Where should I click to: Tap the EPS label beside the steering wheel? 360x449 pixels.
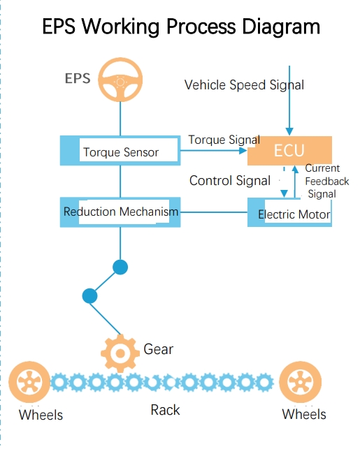click(78, 78)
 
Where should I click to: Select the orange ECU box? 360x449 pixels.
click(289, 151)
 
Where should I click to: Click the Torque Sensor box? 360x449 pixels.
click(120, 152)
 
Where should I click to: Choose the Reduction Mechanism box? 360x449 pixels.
click(120, 212)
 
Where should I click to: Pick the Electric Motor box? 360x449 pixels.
click(290, 213)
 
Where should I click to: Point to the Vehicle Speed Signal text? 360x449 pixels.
click(244, 85)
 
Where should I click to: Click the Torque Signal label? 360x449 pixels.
click(224, 140)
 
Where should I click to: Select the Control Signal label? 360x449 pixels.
click(230, 181)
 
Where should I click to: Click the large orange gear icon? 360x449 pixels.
click(120, 353)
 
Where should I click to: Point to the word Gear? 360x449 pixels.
click(158, 349)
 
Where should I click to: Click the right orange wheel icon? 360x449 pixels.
click(300, 383)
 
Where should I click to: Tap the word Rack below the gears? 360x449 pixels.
click(165, 410)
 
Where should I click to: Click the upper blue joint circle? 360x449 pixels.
click(120, 267)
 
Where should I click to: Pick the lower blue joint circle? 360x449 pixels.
click(89, 295)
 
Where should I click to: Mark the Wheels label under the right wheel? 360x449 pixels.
click(304, 414)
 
